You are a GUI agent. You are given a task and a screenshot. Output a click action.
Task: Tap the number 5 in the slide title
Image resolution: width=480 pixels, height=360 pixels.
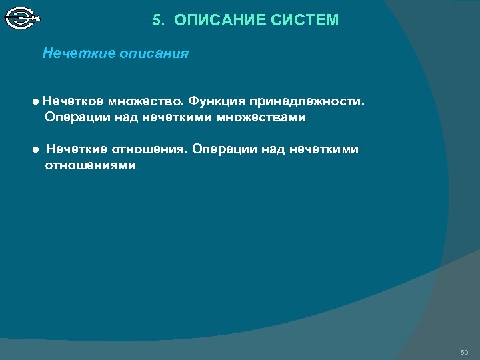[157, 21]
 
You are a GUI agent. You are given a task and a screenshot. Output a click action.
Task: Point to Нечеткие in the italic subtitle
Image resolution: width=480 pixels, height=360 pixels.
[79, 53]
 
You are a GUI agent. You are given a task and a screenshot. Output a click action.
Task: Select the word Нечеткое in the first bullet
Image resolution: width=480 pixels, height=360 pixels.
[72, 102]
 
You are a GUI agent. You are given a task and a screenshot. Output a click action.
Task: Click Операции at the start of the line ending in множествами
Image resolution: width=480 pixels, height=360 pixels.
[74, 118]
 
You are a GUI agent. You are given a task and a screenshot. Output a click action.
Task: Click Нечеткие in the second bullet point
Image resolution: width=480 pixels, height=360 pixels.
[75, 149]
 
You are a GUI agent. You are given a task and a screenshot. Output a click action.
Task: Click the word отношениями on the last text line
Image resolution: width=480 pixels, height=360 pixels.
[90, 165]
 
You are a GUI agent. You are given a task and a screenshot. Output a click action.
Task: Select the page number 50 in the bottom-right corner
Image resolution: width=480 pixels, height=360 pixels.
[464, 351]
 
